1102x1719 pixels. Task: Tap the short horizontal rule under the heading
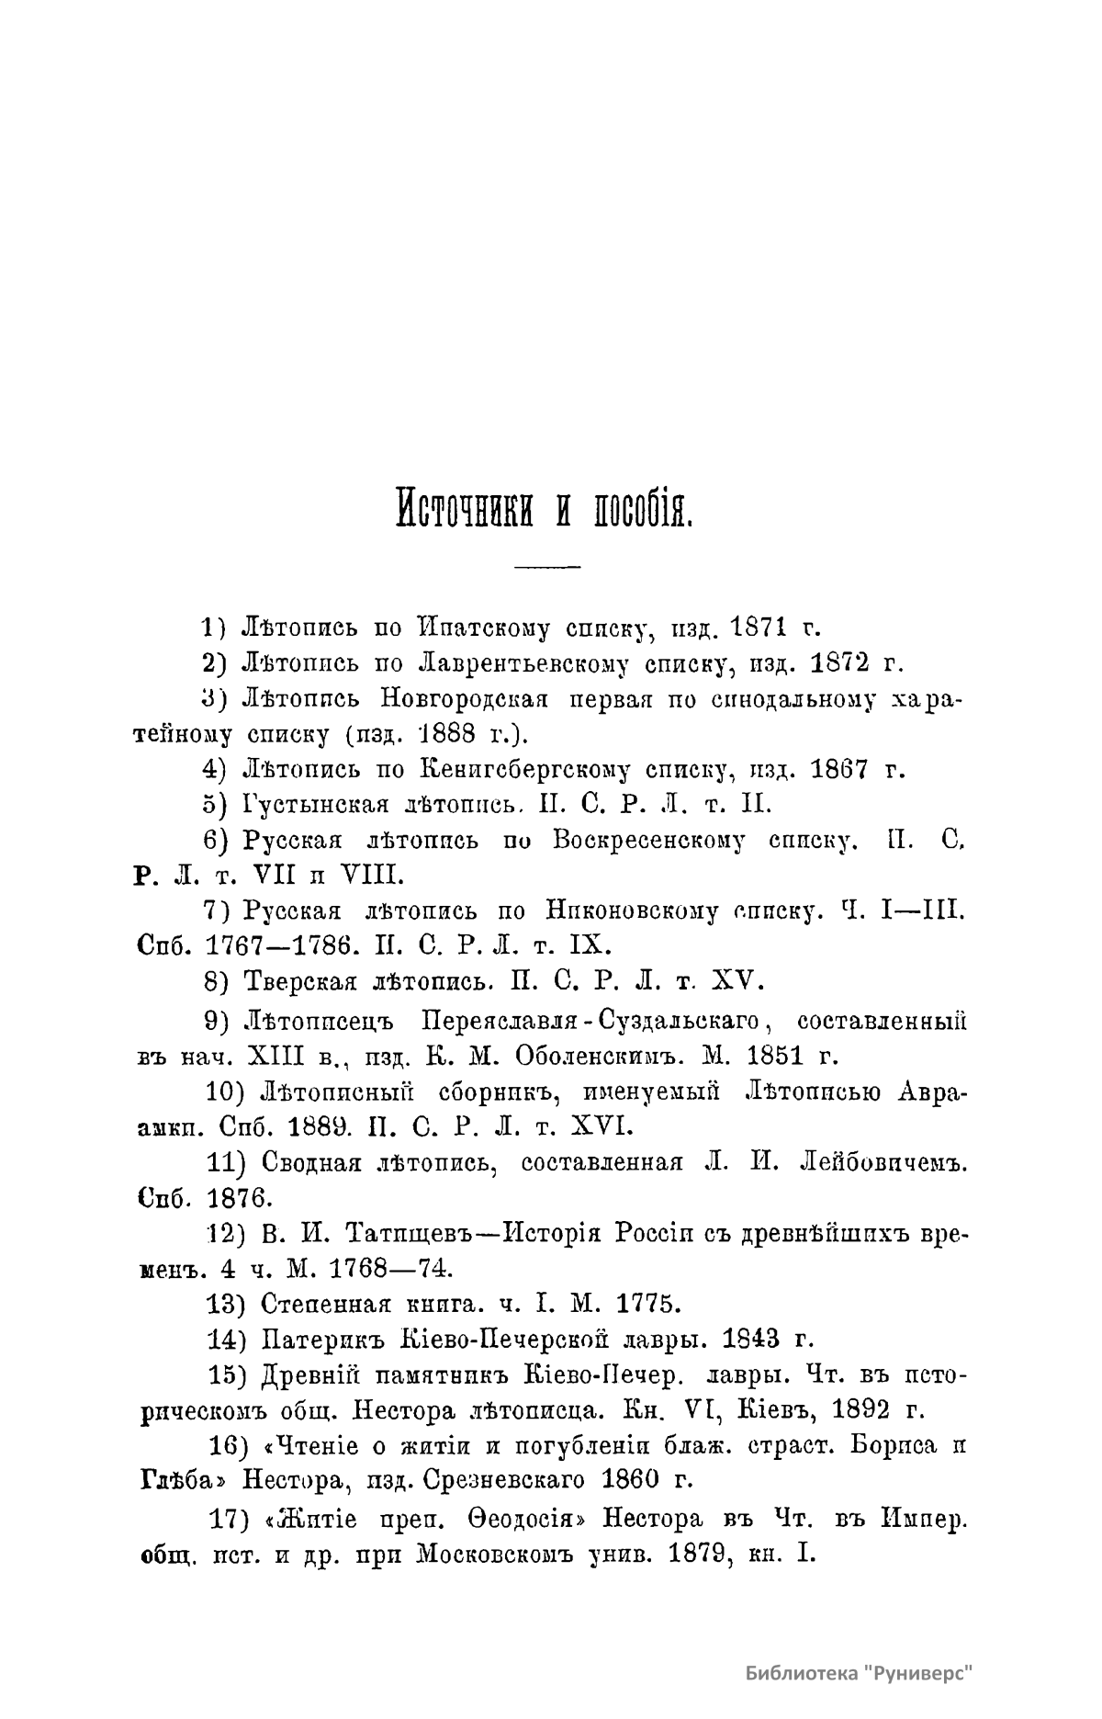(x=548, y=566)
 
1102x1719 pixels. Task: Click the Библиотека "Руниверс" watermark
(x=859, y=1671)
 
